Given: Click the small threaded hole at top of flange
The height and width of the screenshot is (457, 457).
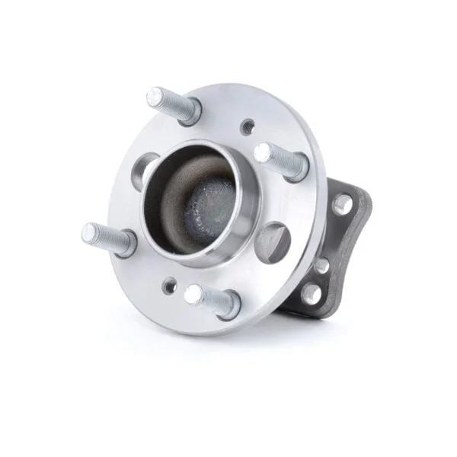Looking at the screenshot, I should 247,126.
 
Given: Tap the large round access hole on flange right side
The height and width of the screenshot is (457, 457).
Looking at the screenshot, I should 272,241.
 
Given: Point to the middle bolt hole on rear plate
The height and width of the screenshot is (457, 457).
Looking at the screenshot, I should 322,265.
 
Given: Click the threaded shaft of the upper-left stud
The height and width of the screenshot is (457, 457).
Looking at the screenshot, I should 171,104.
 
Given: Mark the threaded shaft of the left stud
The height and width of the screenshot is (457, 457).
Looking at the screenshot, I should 107,236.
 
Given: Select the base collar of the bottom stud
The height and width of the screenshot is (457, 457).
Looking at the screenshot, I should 225,305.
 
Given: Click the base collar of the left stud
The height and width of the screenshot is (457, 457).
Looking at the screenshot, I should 126,243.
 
